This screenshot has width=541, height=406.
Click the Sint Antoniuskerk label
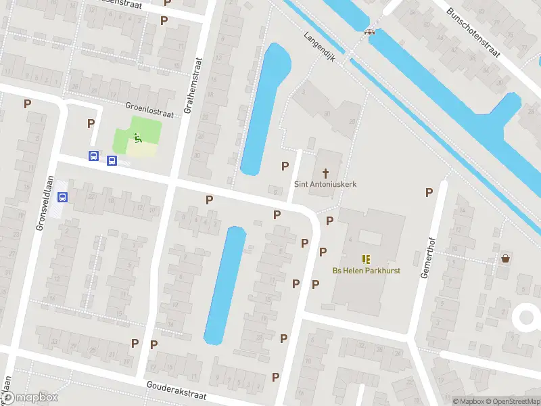tap(325, 184)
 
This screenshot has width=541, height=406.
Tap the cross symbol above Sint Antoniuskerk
tap(325, 173)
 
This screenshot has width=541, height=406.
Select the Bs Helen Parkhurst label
tap(366, 271)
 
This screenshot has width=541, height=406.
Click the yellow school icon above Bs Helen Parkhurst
tap(366, 259)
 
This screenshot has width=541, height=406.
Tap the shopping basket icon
tap(505, 258)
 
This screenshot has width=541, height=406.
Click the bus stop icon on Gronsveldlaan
tap(63, 198)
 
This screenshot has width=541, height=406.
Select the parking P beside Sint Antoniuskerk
tap(285, 166)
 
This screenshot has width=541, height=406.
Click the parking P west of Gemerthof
tap(429, 192)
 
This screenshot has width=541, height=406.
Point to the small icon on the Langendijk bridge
tap(369, 31)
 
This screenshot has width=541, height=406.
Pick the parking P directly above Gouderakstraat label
tap(154, 344)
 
